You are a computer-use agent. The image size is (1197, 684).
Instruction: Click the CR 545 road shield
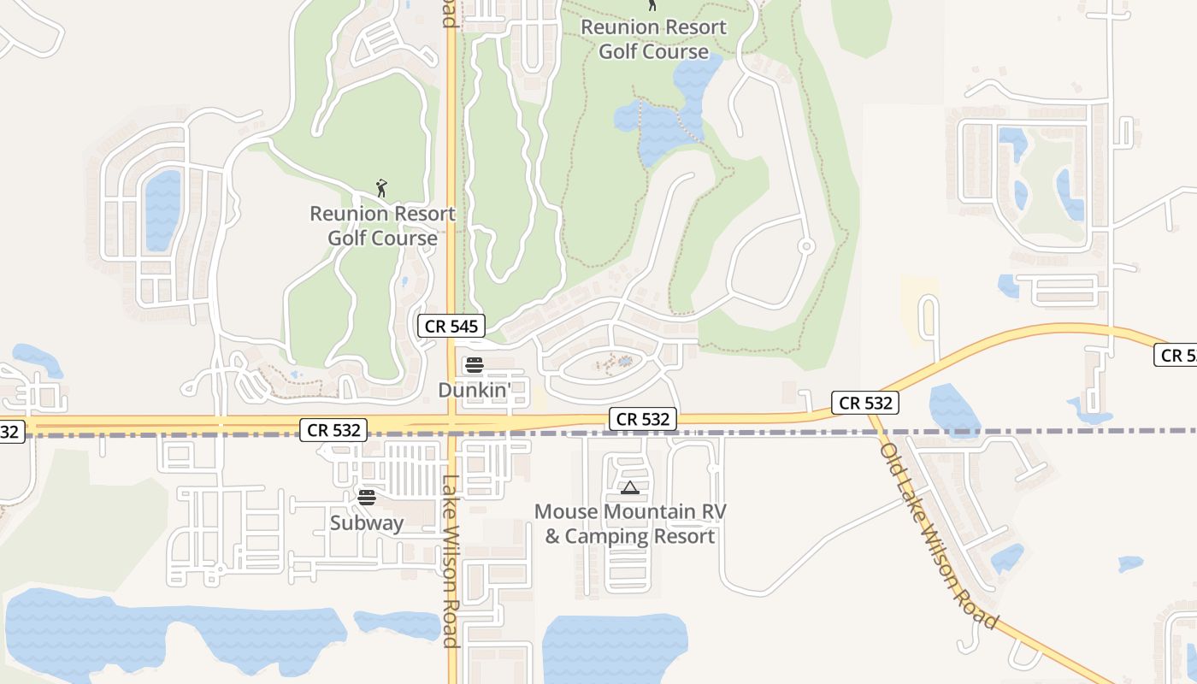coord(452,326)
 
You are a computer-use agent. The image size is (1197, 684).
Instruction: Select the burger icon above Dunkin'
coord(474,366)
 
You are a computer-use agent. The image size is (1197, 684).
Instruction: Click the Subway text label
coord(367,522)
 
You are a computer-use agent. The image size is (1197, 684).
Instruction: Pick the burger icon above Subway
coord(367,498)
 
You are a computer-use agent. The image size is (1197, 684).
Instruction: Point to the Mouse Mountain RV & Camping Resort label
coord(630,524)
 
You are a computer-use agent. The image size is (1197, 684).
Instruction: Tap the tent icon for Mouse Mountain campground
coord(630,488)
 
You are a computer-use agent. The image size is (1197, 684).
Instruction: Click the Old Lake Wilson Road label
coord(939,535)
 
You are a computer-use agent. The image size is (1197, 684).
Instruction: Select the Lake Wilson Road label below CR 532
coord(451,560)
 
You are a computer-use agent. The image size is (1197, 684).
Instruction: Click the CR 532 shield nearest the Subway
coord(333,430)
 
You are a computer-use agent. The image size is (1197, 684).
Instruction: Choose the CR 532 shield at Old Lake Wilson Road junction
coord(865,403)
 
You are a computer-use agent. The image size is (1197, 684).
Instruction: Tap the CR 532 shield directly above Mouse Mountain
coord(643,419)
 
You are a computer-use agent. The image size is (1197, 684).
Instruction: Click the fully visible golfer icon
coord(381,187)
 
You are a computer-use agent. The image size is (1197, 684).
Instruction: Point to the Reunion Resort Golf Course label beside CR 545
coord(382,226)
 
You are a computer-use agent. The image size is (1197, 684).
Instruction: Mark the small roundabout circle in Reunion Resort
coord(805,246)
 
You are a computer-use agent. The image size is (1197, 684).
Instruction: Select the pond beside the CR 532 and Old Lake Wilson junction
coord(952,409)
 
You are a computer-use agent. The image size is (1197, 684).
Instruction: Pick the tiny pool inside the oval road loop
coord(625,362)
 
